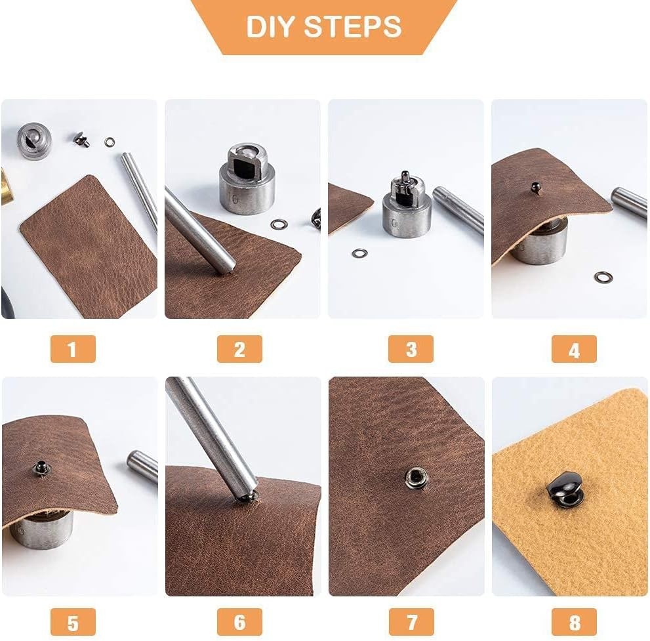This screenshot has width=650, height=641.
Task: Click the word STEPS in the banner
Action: (353, 27)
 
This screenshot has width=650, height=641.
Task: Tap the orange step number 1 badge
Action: (73, 349)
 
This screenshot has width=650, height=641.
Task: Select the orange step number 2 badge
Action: (239, 349)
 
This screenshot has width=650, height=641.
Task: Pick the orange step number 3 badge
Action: (411, 349)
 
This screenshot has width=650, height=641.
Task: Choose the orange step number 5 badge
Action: (73, 622)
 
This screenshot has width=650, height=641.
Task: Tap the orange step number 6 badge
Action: (239, 622)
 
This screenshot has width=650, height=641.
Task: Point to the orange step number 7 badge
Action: (411, 622)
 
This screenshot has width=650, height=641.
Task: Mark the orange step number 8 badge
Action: (574, 622)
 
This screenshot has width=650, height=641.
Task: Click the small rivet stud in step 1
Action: (82, 139)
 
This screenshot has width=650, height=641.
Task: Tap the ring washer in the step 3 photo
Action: (359, 253)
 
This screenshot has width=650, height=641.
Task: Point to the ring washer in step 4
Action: (603, 277)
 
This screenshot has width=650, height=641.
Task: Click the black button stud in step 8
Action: (565, 488)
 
